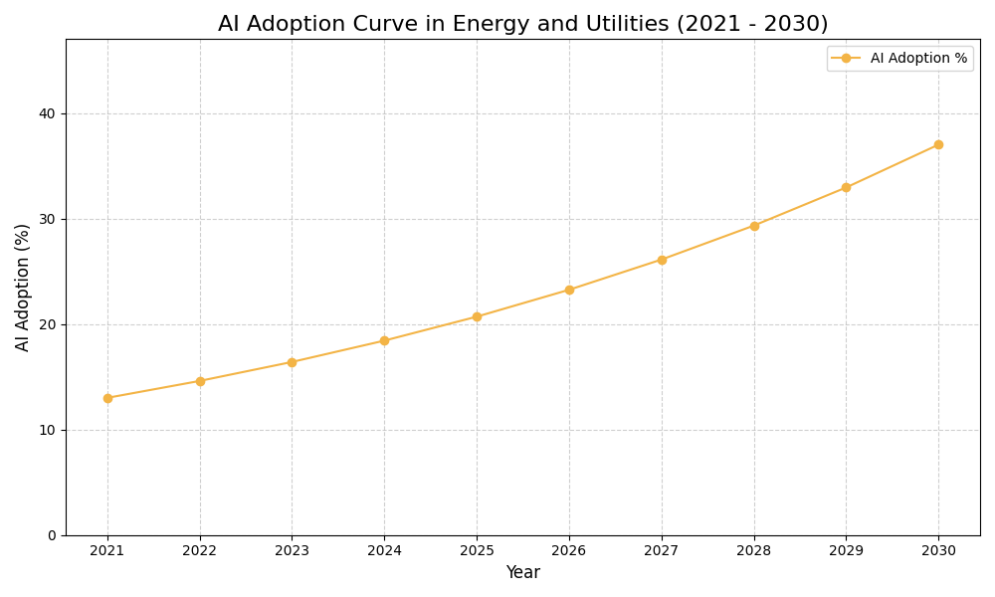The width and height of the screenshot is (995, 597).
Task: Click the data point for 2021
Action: pos(107,398)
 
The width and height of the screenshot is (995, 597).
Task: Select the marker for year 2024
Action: pos(384,340)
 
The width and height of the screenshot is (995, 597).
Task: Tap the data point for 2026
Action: pos(569,290)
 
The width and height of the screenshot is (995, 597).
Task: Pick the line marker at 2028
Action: pos(754,226)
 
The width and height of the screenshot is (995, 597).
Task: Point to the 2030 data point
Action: pos(938,144)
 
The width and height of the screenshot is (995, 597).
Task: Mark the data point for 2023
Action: pos(292,362)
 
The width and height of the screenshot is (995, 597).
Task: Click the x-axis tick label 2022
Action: pos(200,550)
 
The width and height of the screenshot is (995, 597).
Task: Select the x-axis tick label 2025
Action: pos(477,550)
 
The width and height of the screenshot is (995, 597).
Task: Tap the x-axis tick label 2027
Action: pos(662,550)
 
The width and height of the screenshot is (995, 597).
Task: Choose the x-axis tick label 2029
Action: pos(846,550)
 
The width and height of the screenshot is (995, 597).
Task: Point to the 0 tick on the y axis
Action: pos(52,535)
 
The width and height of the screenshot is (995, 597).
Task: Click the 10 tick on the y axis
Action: pos(48,430)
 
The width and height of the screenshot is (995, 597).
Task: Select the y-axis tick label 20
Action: pos(48,324)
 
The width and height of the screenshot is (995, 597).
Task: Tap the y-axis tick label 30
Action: pos(48,219)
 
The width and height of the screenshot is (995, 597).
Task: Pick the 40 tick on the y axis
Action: pos(48,113)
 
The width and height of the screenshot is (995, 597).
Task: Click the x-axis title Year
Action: pos(522,573)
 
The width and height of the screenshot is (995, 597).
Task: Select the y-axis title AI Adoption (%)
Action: pos(23,287)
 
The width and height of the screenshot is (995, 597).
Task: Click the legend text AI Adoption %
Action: pos(918,59)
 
